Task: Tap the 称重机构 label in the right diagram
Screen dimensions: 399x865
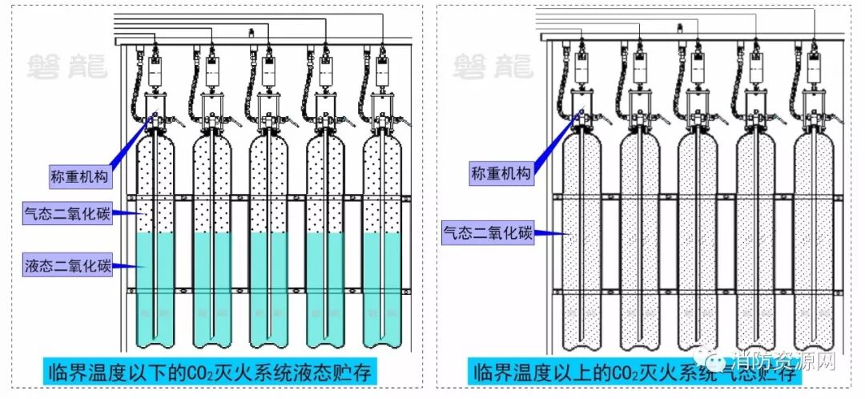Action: tap(500, 173)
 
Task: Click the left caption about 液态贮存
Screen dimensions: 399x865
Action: tap(208, 373)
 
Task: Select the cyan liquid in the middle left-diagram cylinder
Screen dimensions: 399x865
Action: tap(269, 288)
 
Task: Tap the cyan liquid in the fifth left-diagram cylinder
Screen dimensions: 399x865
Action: tap(383, 288)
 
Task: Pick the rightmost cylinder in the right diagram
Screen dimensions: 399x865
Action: tap(814, 240)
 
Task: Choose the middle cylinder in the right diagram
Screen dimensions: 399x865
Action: tap(697, 240)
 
